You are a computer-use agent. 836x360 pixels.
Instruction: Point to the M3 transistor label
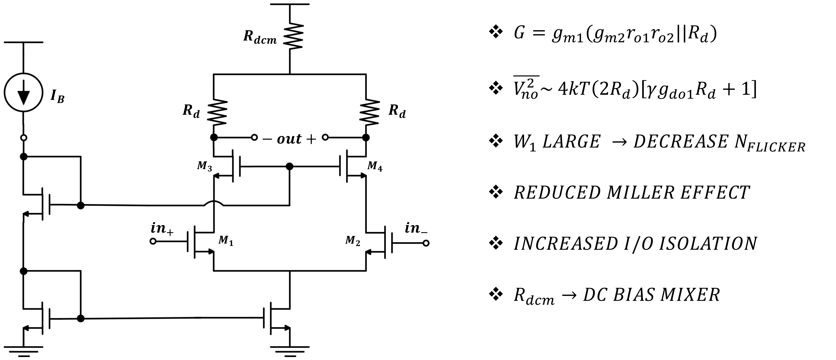point(205,167)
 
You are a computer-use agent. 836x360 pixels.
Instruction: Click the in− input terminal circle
point(426,243)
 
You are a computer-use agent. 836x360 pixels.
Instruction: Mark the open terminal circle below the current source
point(23,138)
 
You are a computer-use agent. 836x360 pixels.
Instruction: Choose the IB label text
point(57,96)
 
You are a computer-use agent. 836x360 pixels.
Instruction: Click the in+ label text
point(162,229)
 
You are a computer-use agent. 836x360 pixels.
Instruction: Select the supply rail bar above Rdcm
point(290,4)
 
